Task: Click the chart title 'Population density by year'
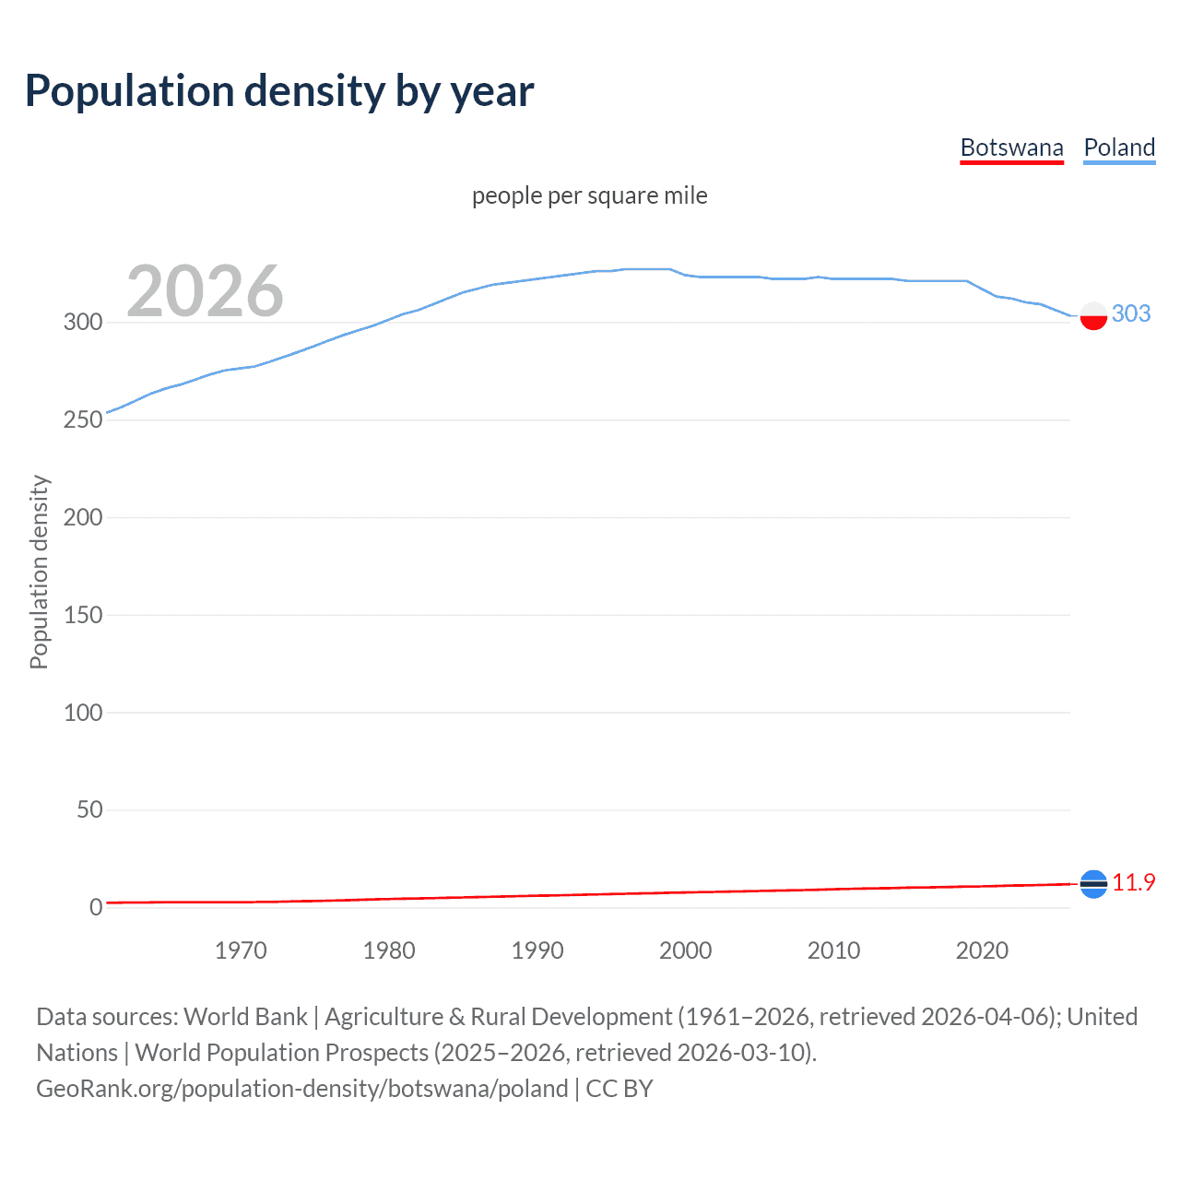point(279,91)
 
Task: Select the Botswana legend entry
point(1011,147)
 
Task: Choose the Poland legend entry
point(1119,147)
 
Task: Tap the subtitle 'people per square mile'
point(589,195)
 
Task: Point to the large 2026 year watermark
point(205,291)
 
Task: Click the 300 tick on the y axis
point(83,322)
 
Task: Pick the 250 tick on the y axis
point(83,419)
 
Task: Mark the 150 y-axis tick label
point(83,615)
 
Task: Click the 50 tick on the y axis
point(89,809)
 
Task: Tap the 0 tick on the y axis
point(96,907)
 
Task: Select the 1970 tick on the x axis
point(241,950)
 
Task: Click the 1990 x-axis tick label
point(537,950)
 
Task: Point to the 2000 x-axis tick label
point(685,950)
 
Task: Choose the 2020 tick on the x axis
point(982,950)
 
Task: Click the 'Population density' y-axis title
point(39,572)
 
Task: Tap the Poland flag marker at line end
point(1093,315)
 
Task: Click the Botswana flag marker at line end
point(1093,884)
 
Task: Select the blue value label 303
point(1131,313)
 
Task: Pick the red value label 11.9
point(1133,882)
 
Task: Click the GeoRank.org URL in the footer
point(302,1088)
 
